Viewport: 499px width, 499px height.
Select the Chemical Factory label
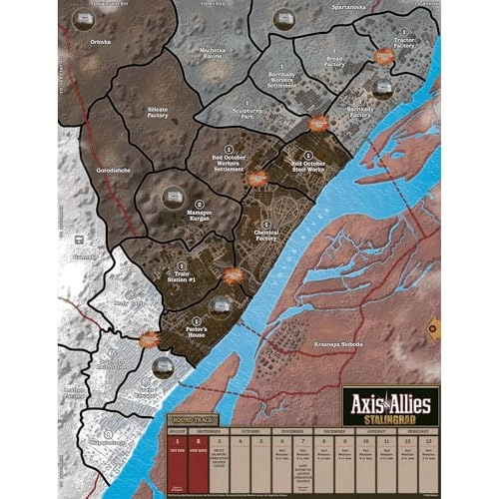click(265, 234)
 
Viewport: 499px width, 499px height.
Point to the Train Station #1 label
click(182, 273)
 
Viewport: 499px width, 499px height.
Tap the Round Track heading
click(193, 420)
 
